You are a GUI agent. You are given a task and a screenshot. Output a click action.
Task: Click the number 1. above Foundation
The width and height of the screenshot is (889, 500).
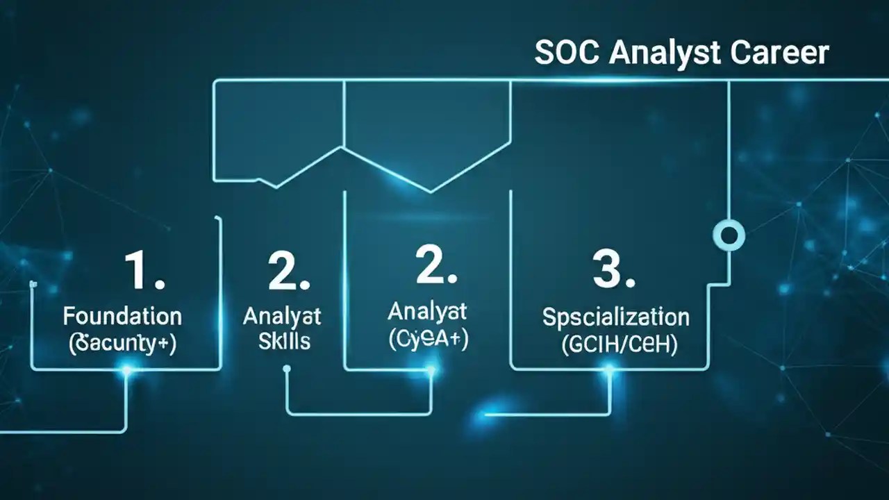(x=144, y=271)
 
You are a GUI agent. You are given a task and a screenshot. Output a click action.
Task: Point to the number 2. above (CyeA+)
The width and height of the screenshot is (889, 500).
(x=436, y=265)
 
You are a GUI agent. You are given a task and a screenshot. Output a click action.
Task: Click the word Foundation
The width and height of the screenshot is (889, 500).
(x=122, y=317)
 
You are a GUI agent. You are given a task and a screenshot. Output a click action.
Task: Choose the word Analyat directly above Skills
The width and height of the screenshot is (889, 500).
(x=282, y=317)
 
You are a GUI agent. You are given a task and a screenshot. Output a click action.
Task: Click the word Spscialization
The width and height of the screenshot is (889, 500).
(x=615, y=317)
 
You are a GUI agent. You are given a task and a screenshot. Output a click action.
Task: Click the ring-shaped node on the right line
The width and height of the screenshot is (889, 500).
(x=729, y=235)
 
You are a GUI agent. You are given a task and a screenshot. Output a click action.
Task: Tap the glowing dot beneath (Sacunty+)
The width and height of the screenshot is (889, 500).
(x=126, y=370)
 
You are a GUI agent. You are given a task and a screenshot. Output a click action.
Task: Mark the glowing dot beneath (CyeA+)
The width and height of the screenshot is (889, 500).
(x=431, y=370)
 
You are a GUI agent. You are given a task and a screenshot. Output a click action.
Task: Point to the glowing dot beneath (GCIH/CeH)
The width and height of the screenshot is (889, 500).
(x=609, y=370)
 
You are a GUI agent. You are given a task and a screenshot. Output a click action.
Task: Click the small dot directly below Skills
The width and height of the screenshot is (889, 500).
(x=286, y=370)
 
